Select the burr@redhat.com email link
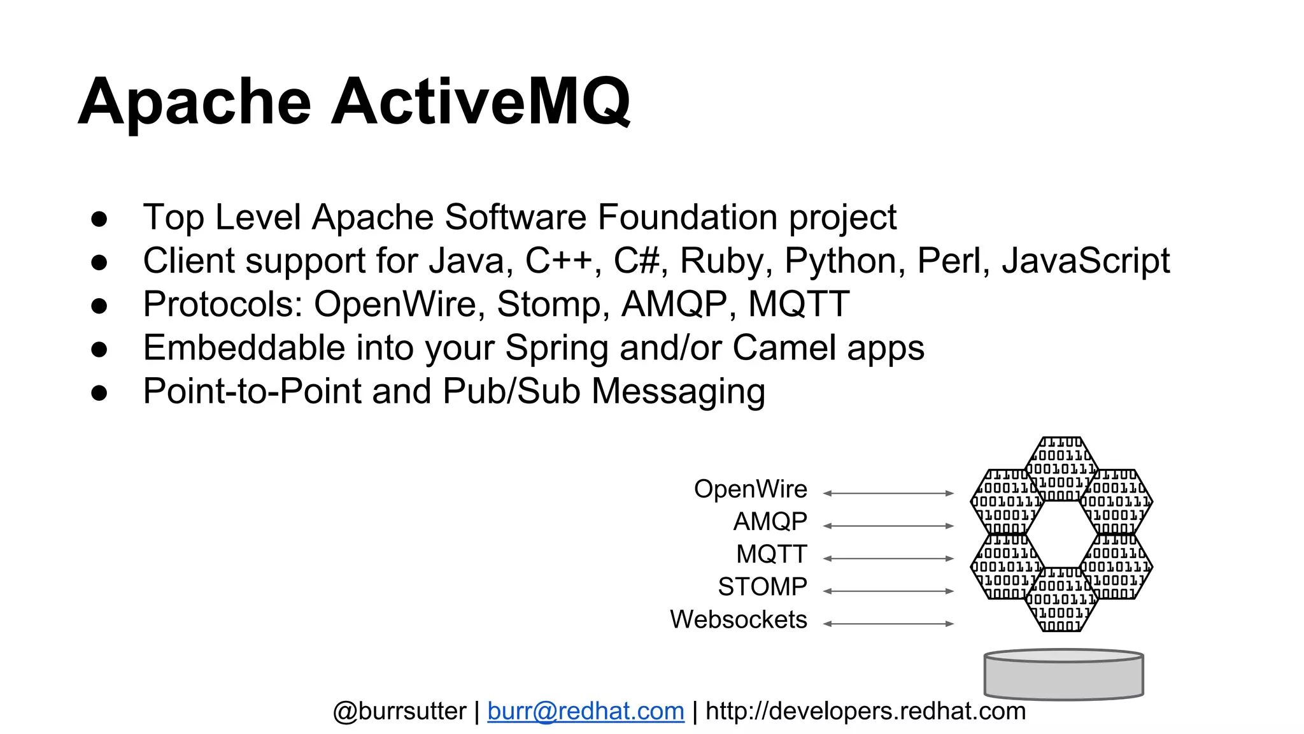pos(586,711)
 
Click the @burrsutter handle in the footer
pos(399,711)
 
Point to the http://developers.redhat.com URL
pos(865,711)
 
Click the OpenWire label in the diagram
pos(750,489)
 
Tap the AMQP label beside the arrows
pos(770,522)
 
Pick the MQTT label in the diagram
pos(772,554)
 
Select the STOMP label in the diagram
pos(762,587)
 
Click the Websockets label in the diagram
pos(738,619)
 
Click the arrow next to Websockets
pos(888,624)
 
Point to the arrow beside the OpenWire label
pos(888,493)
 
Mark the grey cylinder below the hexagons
pos(1063,675)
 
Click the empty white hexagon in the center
pos(1061,534)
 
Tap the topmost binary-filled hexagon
pos(1061,468)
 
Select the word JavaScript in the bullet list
pos(1086,261)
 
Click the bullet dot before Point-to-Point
pos(99,392)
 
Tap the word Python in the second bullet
pos(840,261)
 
